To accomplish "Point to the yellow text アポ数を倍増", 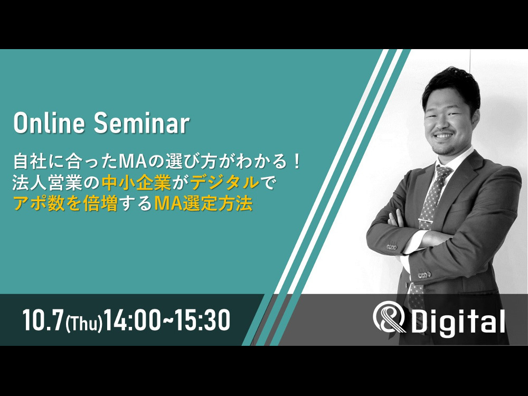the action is tap(65, 203).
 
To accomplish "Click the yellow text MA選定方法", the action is tap(203, 203).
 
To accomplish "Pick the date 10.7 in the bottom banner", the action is tap(43, 320).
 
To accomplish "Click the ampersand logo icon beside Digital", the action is tap(390, 317).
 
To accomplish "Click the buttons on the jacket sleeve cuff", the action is tap(392, 247).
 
